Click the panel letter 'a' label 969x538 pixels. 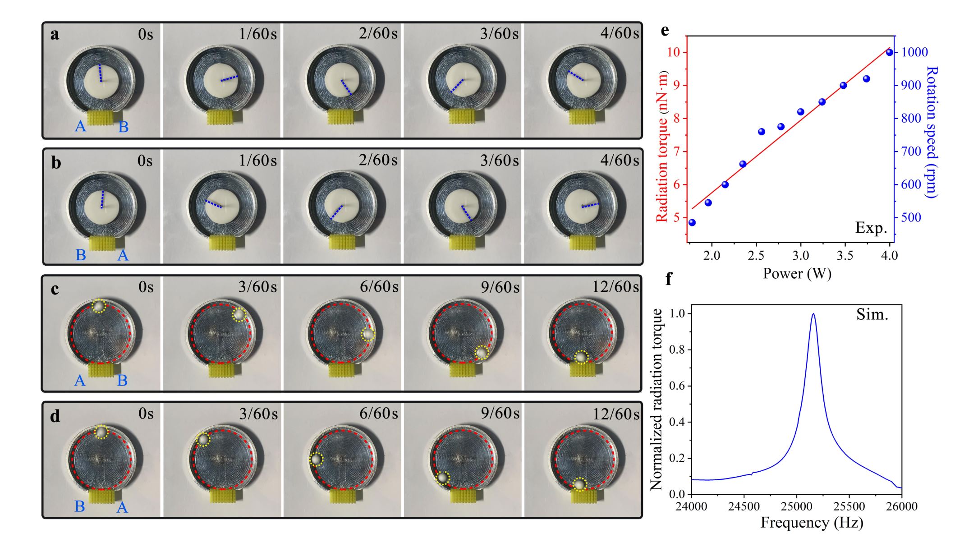point(55,34)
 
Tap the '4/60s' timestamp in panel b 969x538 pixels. point(619,161)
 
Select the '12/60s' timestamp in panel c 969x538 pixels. point(615,287)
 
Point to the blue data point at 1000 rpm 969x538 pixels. point(889,52)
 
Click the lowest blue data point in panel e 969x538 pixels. point(692,222)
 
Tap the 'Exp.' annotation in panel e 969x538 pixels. point(871,228)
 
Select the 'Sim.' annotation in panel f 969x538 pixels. point(872,314)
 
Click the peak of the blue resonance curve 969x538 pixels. point(813,314)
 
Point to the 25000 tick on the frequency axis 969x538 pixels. point(797,506)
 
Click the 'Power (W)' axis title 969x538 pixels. point(797,273)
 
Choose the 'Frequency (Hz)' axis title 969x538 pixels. point(812,523)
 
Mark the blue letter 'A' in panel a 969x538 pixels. point(80,126)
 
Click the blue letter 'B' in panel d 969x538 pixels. point(79,506)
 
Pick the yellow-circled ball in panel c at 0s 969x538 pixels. point(98,306)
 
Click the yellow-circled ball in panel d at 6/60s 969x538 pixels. point(317,459)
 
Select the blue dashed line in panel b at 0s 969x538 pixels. point(103,199)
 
